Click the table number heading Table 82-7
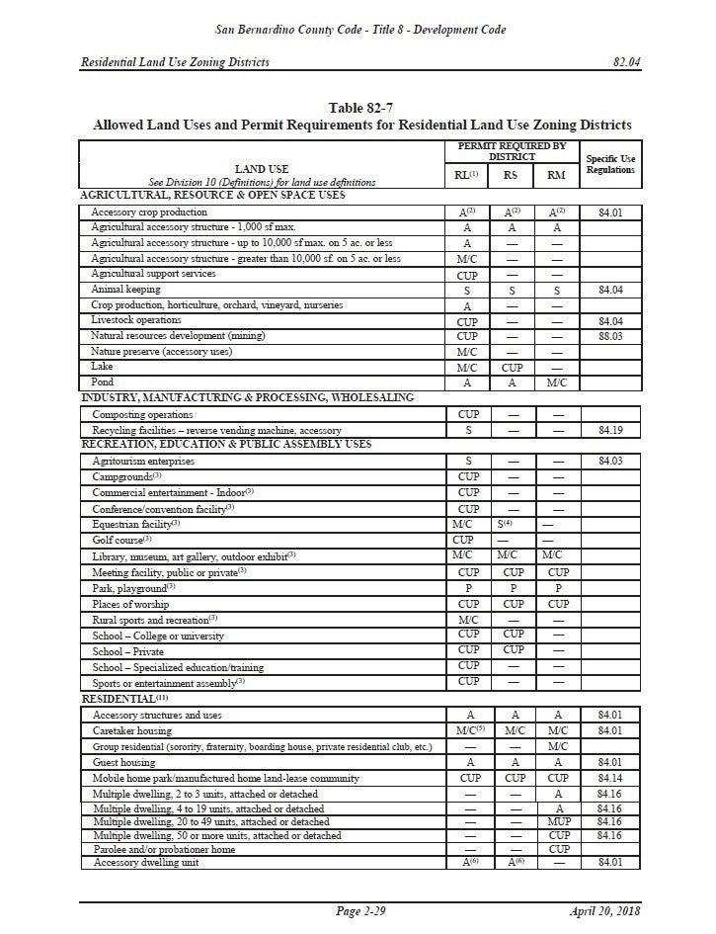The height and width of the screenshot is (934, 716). pyautogui.click(x=361, y=108)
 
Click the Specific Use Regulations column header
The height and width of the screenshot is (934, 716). pyautogui.click(x=610, y=163)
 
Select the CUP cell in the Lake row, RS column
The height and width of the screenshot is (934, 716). pyautogui.click(x=510, y=366)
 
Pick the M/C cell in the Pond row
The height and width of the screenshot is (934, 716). pyautogui.click(x=558, y=382)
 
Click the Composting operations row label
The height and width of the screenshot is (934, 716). pyautogui.click(x=142, y=415)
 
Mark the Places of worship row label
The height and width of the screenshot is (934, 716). pyautogui.click(x=130, y=604)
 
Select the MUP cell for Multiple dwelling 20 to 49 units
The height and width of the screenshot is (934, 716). pyautogui.click(x=558, y=821)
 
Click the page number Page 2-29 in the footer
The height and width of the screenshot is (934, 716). pyautogui.click(x=360, y=910)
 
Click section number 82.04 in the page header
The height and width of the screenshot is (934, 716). pyautogui.click(x=627, y=62)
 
